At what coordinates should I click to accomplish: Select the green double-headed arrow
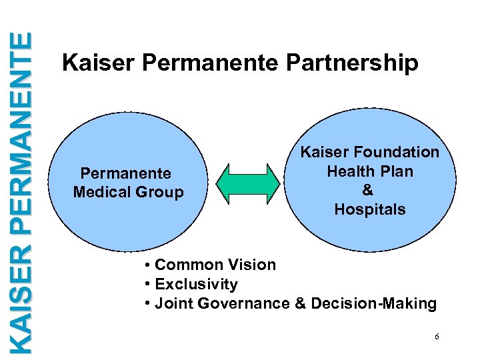(249, 181)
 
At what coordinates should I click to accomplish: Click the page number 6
(437, 337)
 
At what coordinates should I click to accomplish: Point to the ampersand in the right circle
(367, 190)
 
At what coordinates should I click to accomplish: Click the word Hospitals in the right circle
(370, 209)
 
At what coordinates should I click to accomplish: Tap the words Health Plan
(370, 171)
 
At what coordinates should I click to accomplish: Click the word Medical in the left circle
(101, 193)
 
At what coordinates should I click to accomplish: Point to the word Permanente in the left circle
(125, 173)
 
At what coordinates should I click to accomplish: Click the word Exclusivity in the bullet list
(196, 284)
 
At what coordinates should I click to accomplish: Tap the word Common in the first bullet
(191, 265)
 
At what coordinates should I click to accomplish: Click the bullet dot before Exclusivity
(146, 285)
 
